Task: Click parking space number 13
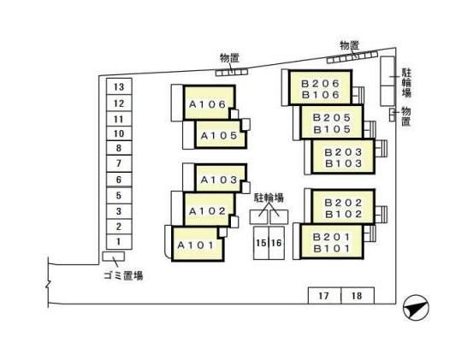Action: (119, 86)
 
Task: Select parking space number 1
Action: (119, 241)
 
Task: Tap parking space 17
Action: (324, 296)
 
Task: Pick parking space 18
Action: (358, 296)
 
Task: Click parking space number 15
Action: (261, 243)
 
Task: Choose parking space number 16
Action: (276, 243)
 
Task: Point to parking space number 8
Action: (119, 148)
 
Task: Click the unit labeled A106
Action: (209, 103)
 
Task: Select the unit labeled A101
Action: (198, 244)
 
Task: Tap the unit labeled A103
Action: (220, 178)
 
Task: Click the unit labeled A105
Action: (220, 134)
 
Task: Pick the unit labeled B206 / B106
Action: (321, 87)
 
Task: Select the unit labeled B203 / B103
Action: (343, 156)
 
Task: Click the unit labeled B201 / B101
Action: (332, 242)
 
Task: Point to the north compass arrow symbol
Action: (416, 307)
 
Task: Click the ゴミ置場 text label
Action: (123, 275)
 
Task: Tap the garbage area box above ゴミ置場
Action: (114, 257)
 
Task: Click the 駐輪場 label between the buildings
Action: (269, 198)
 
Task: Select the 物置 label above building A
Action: (229, 58)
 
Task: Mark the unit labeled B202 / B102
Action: (343, 207)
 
